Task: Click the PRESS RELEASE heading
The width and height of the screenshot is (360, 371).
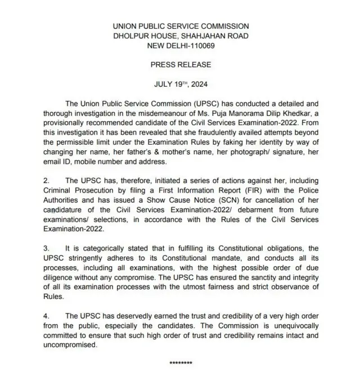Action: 180,65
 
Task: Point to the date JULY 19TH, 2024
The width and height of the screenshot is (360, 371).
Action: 180,84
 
